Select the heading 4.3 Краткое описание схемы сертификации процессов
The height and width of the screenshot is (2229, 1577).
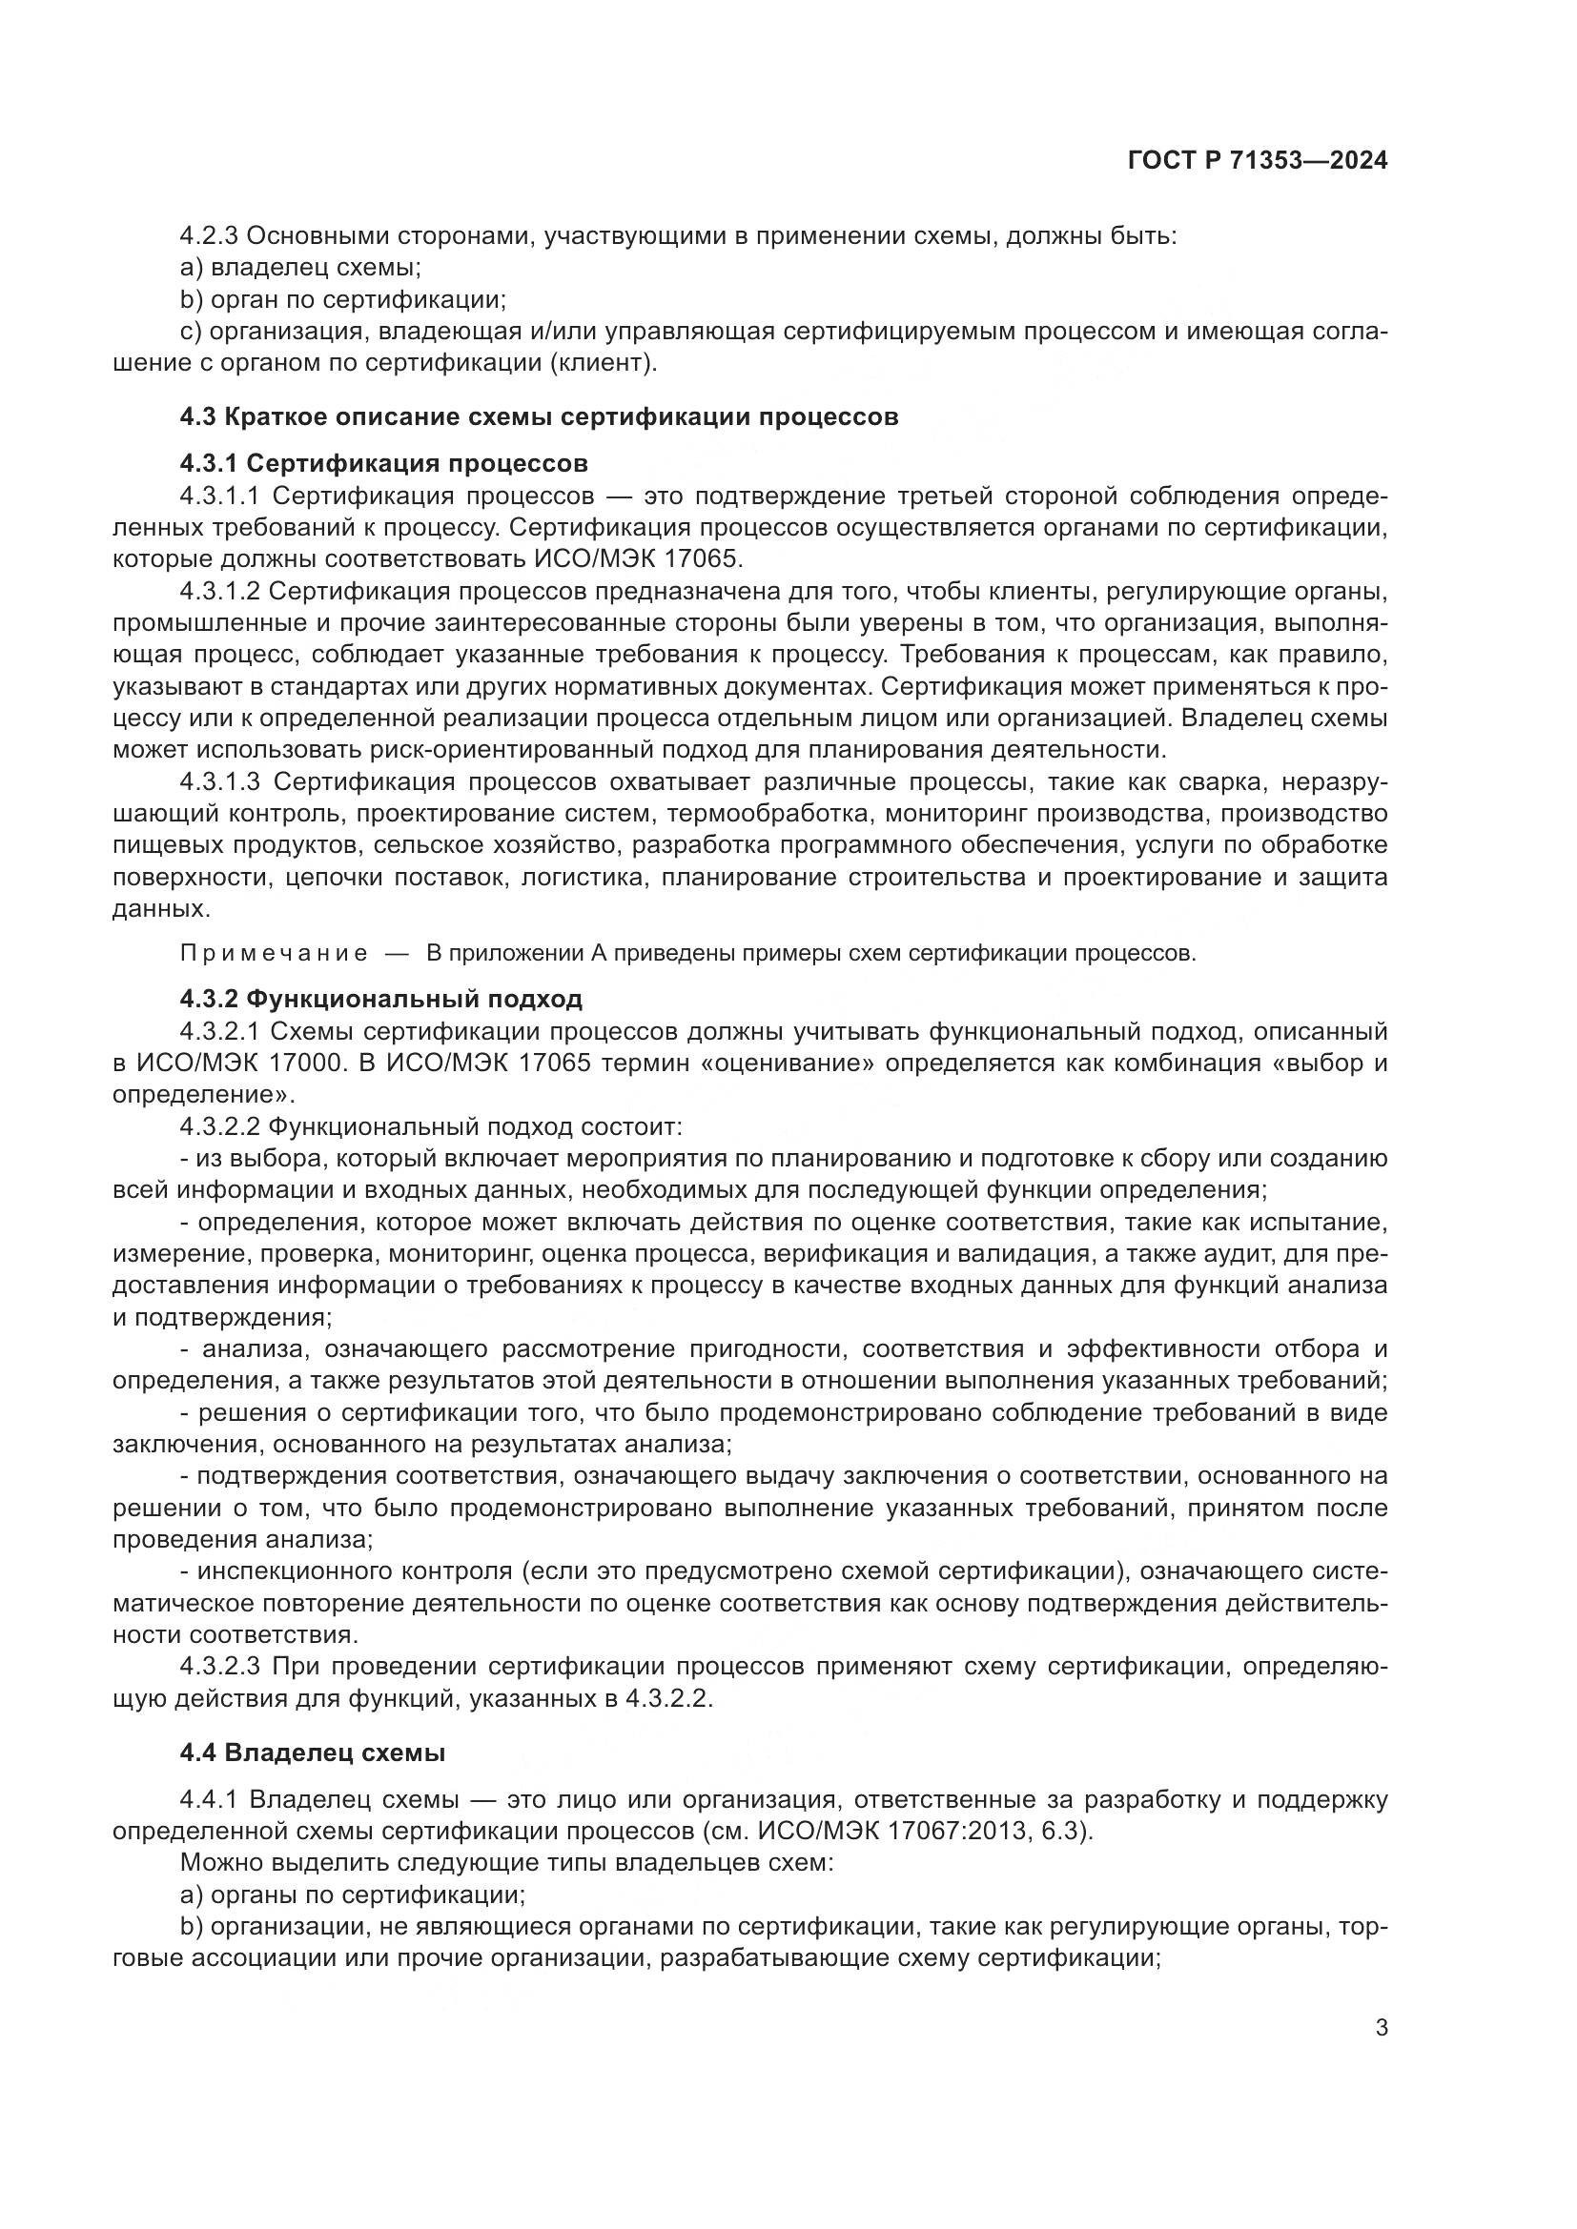point(539,416)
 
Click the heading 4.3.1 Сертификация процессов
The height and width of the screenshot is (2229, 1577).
point(383,462)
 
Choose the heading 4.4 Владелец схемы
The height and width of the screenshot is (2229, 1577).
point(313,1753)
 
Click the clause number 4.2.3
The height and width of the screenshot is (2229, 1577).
point(209,236)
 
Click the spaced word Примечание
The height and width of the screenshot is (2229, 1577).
point(274,953)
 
